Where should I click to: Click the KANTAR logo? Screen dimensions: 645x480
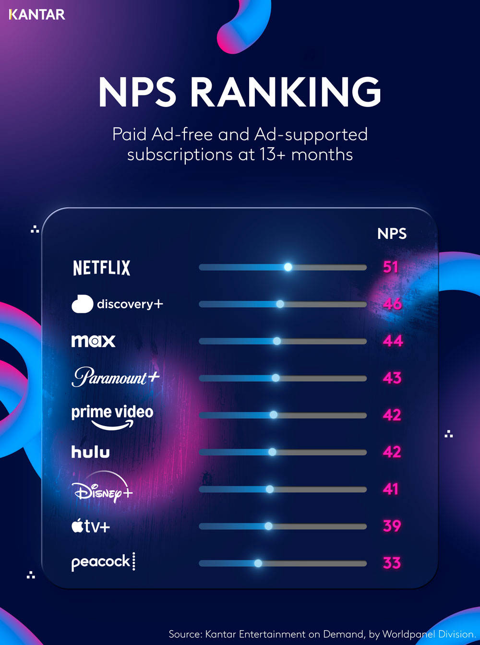coord(37,14)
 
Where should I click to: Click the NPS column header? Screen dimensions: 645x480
coord(392,234)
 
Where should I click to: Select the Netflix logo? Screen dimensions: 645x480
coord(101,268)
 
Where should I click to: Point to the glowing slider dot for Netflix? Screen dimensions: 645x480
coord(288,267)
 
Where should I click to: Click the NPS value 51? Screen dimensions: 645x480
coord(391,267)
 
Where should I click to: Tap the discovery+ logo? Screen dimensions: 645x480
coord(117,304)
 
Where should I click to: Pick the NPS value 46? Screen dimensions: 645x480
coord(392,304)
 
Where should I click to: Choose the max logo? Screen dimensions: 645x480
coord(93,341)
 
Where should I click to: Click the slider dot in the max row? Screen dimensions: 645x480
coord(277,341)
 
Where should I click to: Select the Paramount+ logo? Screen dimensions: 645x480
coord(115,378)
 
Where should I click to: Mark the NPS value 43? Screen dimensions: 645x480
coord(392,378)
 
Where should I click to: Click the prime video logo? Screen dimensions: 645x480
coord(112,416)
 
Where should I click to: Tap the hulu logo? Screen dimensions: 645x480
coord(90,452)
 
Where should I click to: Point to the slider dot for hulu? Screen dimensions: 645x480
coord(272,452)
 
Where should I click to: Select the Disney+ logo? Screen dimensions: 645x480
coord(102,490)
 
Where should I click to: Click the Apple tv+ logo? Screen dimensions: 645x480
coord(91,526)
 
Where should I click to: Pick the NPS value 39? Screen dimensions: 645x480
coord(392,526)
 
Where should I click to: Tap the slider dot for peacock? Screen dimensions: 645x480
coord(258,563)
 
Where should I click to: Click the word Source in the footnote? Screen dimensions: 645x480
coord(185,634)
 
